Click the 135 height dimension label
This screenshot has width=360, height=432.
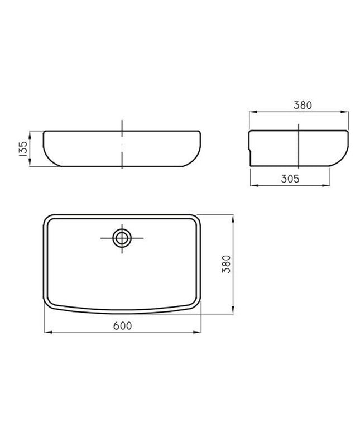23,149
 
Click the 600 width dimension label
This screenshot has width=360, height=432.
123,326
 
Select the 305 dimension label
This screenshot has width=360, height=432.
290,179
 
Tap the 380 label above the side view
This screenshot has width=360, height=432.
303,105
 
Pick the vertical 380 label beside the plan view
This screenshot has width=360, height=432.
227,264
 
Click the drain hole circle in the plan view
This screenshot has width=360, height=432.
122,238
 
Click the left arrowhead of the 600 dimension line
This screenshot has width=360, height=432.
48,332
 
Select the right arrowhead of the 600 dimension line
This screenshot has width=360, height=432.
197,332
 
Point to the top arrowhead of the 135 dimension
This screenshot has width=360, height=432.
30,135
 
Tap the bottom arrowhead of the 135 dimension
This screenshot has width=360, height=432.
30,162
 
